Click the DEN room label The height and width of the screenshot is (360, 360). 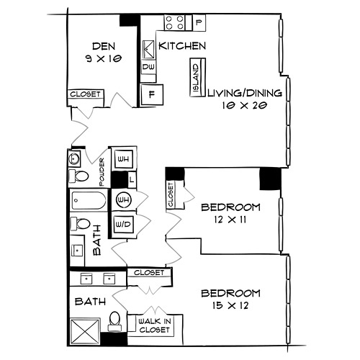click(x=104, y=46)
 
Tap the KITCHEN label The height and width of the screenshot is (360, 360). click(x=182, y=46)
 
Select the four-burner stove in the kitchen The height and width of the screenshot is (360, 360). click(x=175, y=22)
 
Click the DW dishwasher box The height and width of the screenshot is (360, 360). click(x=148, y=67)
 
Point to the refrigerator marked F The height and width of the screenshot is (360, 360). click(x=152, y=94)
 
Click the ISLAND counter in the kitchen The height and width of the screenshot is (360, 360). click(x=198, y=78)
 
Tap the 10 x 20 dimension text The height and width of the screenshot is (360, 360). click(x=245, y=105)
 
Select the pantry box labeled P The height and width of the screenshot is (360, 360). click(x=199, y=22)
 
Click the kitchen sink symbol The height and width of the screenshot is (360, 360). click(x=148, y=50)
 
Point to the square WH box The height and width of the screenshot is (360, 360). click(x=124, y=158)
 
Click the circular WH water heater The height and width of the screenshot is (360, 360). click(x=124, y=199)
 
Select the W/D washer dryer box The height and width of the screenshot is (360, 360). click(x=123, y=225)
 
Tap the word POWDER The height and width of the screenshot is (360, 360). click(x=102, y=172)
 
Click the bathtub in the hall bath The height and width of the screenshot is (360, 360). click(x=89, y=200)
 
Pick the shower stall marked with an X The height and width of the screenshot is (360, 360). click(x=85, y=332)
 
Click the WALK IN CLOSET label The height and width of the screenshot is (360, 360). click(x=154, y=325)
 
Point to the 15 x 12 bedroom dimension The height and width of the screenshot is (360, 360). click(x=230, y=305)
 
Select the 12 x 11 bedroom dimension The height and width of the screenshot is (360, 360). click(x=230, y=220)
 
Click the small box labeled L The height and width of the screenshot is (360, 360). click(x=132, y=179)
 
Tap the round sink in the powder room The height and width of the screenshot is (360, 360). click(x=73, y=158)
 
